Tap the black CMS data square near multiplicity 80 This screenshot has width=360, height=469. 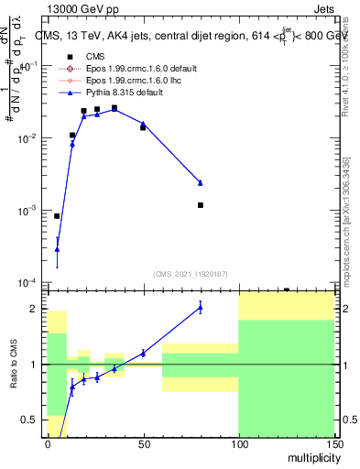tap(200, 205)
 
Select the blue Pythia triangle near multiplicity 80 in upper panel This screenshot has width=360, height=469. tap(200, 183)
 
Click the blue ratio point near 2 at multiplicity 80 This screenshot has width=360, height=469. tap(200, 308)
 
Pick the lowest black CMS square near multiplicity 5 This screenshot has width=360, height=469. tap(57, 216)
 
